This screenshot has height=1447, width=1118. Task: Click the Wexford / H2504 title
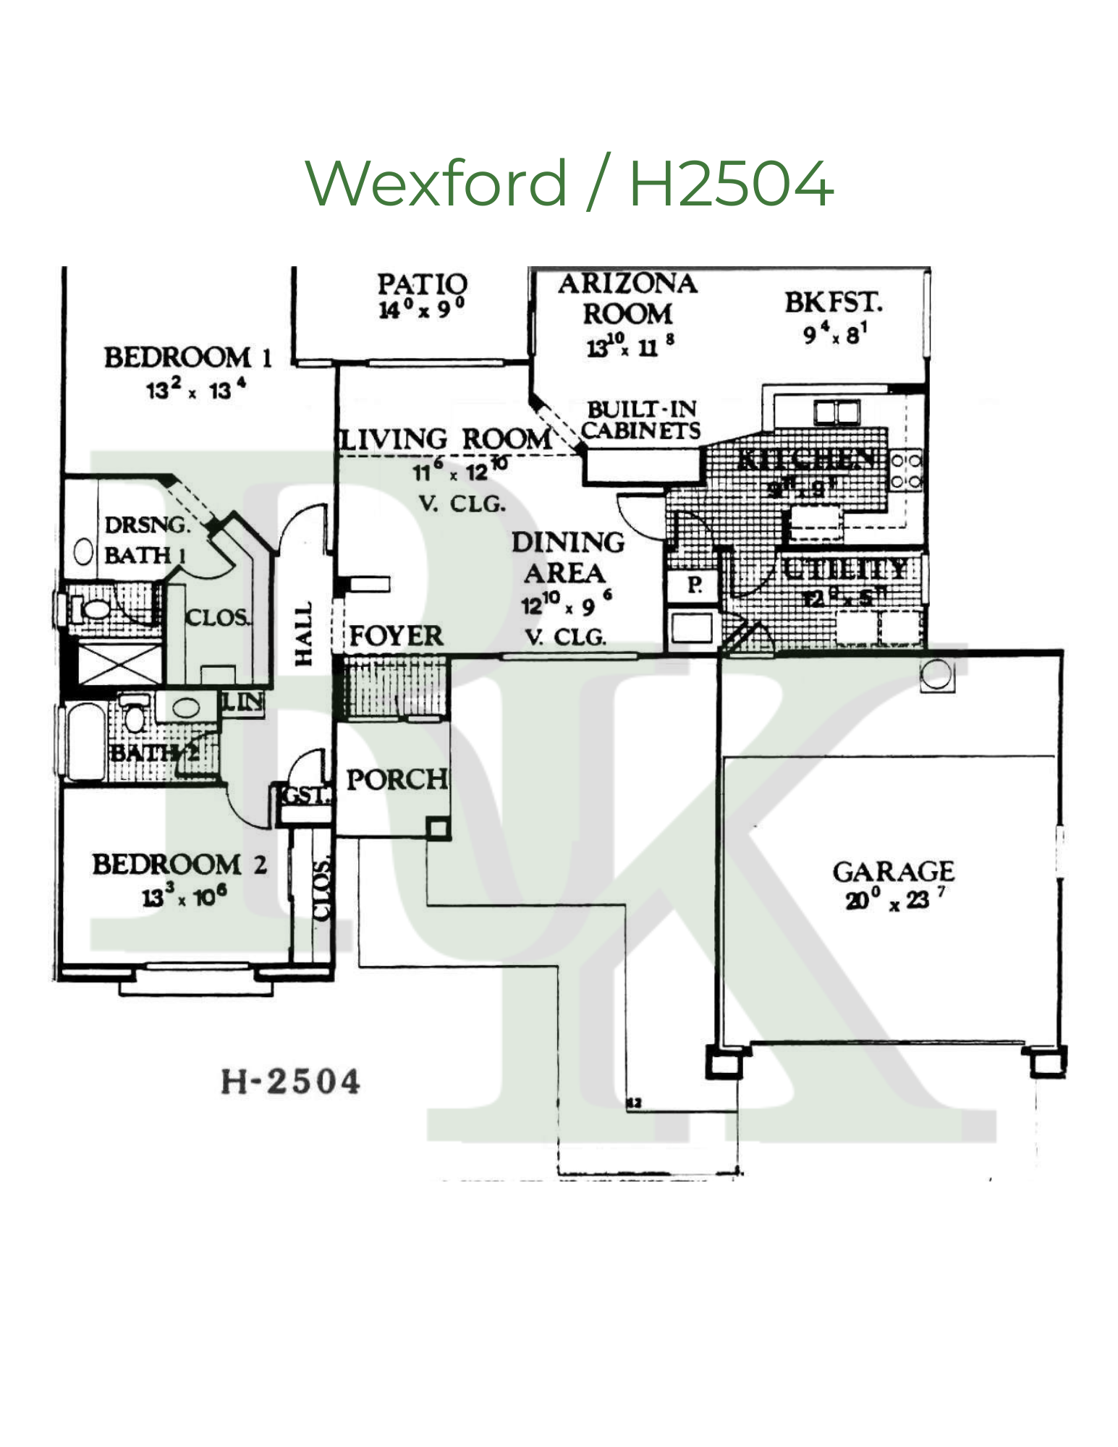coord(569,182)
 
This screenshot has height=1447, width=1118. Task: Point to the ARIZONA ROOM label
coord(627,299)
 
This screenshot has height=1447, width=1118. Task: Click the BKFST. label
coord(834,302)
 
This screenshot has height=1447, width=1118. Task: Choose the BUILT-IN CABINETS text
coord(641,420)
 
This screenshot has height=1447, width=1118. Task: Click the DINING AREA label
coord(567,557)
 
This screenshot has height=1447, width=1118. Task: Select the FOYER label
coord(396,636)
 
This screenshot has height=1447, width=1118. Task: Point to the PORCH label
coord(397,779)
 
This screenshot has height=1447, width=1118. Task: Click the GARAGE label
coord(893,871)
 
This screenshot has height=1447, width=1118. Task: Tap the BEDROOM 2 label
coord(179,865)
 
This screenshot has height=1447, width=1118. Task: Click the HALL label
coord(304,634)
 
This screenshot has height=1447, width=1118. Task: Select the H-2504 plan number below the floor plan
coord(290,1082)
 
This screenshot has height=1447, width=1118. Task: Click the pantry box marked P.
coord(692,585)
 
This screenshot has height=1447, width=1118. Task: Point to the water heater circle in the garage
coord(935,675)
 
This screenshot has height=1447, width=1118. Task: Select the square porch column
coord(437,828)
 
